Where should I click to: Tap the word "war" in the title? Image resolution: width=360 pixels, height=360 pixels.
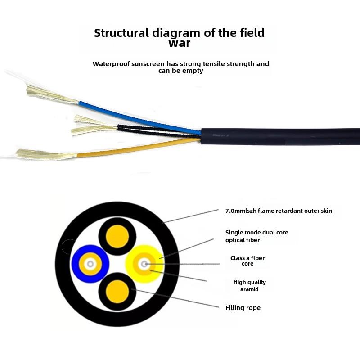[x=179, y=43]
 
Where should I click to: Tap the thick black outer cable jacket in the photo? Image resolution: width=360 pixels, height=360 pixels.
[x=279, y=136]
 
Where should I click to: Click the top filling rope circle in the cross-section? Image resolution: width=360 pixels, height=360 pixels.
[x=118, y=236]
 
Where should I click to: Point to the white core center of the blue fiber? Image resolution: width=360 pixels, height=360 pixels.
[x=90, y=264]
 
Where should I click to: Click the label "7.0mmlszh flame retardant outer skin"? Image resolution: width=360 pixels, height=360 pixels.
[x=279, y=211]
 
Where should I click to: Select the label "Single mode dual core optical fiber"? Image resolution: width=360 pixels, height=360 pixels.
[x=256, y=236]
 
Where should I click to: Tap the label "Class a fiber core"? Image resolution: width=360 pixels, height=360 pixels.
[x=247, y=261]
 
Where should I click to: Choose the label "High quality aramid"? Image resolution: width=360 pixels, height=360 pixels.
[x=249, y=286]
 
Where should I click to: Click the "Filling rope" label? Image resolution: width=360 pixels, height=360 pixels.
[x=243, y=308]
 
